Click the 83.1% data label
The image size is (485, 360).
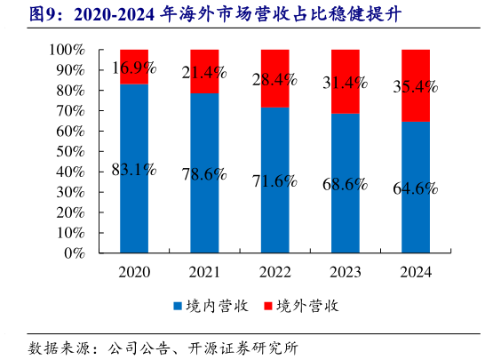coord(134,170)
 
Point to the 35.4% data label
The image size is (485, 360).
coord(417,87)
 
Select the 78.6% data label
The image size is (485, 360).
coord(204,174)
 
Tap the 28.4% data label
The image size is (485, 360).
coord(275,80)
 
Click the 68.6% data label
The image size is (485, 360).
coord(346,184)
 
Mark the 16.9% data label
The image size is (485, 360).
coord(134,67)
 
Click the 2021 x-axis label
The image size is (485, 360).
coord(204,272)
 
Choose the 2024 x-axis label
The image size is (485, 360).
coord(417,272)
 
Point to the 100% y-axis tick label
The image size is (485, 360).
coord(67,51)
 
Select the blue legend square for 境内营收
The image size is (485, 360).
coord(177,305)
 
